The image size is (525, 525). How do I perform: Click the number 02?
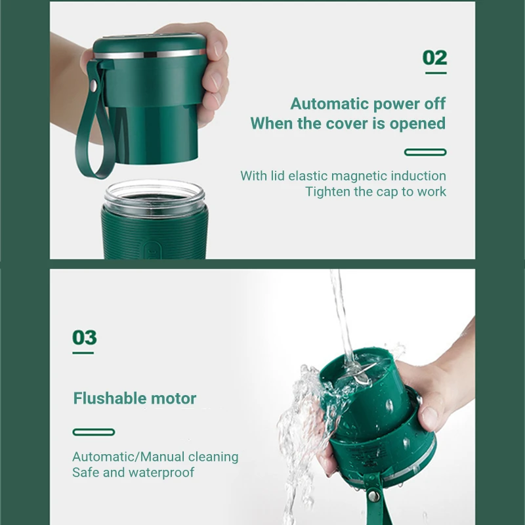click(434, 58)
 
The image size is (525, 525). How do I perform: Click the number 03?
click(85, 337)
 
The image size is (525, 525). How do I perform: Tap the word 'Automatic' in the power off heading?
click(329, 104)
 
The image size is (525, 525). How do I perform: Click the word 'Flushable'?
click(110, 398)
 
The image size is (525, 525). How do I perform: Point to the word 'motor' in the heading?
click(173, 399)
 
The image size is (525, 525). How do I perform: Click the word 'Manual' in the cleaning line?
click(162, 457)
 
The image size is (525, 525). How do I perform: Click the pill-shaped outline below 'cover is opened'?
click(425, 152)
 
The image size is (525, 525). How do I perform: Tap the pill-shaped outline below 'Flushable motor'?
click(94, 432)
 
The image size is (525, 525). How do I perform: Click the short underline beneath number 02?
click(436, 73)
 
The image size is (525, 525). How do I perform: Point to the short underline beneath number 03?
click(83, 352)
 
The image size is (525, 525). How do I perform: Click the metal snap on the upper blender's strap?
click(93, 86)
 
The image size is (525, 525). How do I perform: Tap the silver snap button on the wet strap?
click(373, 495)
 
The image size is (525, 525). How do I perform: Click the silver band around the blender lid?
click(150, 54)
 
